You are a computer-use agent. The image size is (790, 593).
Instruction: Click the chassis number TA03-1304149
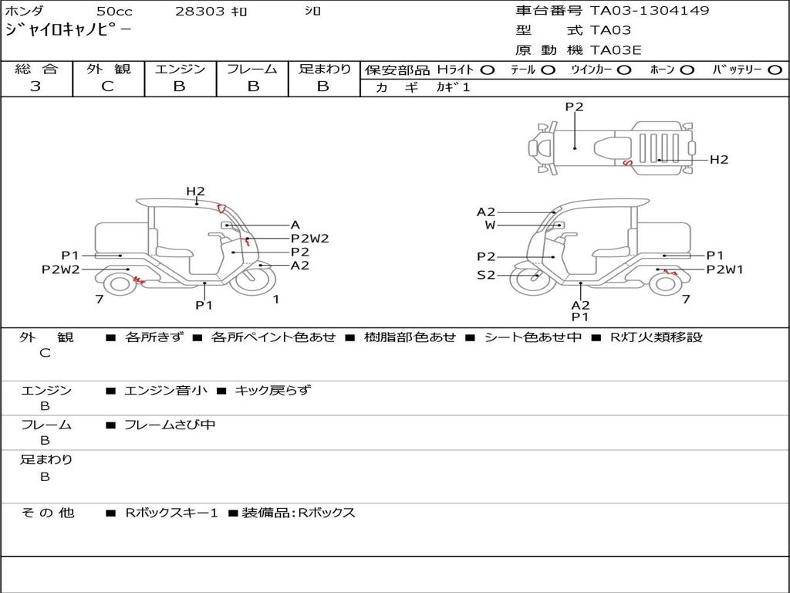650,11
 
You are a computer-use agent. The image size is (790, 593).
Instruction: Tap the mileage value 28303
200,12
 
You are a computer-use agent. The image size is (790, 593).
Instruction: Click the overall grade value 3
35,86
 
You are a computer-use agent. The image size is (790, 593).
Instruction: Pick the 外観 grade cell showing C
107,86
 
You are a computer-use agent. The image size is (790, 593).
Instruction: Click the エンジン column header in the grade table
180,69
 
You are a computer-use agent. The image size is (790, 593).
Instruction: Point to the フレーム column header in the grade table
252,69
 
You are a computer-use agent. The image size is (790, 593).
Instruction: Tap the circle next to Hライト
487,70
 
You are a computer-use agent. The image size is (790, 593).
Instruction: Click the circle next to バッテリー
775,70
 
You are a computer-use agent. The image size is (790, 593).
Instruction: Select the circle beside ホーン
687,70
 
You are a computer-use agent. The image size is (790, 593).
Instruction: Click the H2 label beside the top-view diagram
719,160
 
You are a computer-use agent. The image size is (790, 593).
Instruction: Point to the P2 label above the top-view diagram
574,107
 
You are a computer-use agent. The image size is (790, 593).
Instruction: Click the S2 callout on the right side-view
486,275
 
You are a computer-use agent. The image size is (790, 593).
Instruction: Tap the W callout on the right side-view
490,225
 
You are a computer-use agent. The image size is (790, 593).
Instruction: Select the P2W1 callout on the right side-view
725,269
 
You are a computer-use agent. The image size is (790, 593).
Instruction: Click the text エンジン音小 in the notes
166,391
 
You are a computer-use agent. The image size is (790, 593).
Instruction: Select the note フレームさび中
170,425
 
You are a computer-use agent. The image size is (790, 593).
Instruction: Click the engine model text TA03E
616,51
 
